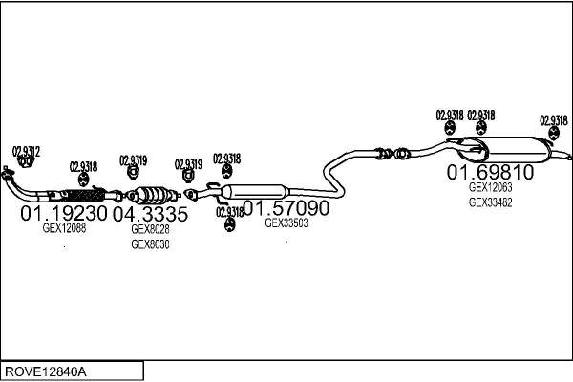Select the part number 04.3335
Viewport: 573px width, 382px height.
150,214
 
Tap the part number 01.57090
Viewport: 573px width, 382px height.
285,207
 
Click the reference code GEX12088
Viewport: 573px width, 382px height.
64,228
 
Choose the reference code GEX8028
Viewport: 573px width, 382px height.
150,229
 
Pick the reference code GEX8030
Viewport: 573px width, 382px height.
150,244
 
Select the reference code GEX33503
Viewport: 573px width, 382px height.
286,223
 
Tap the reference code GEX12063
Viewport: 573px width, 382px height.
490,188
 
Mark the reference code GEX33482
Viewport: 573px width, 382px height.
490,202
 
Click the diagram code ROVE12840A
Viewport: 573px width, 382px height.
47,371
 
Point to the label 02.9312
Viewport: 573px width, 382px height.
26,151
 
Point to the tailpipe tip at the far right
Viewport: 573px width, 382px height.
565,155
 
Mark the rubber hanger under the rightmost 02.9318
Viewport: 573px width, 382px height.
553,137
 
